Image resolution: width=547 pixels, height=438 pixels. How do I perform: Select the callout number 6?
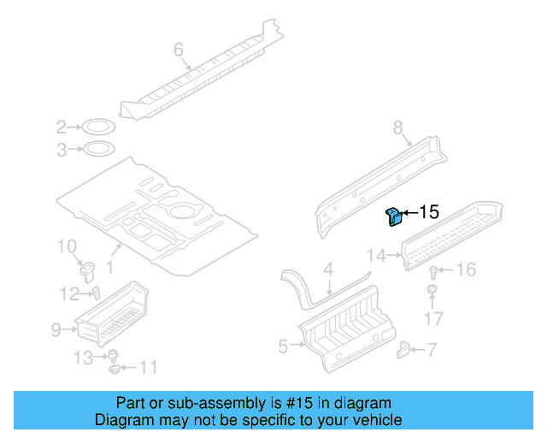coord(179,50)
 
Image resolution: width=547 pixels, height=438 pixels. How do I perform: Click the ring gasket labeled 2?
coord(99,128)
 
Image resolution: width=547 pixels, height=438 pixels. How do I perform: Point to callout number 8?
coord(397,127)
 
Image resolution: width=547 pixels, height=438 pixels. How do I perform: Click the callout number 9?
coord(56,329)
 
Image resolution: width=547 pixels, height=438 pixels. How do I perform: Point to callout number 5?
coord(285,346)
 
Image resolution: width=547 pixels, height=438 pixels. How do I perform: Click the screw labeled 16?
coord(434,272)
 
